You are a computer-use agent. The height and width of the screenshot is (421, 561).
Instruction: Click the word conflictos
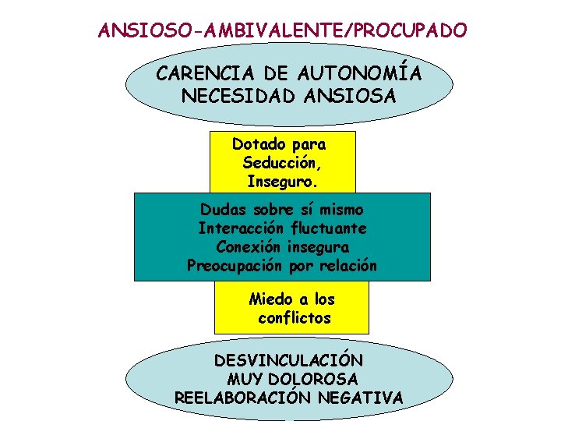click(x=295, y=317)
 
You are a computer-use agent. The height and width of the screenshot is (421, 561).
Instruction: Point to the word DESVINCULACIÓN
click(x=288, y=361)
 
